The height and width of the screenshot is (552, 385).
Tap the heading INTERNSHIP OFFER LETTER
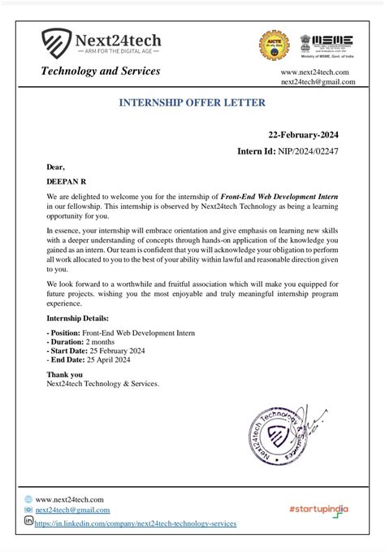point(192,104)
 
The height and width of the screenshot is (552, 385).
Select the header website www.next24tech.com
point(314,72)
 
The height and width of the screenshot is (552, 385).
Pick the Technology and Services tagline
point(101,72)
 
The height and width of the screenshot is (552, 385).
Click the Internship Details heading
point(77,319)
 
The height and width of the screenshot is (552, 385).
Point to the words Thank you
point(64,375)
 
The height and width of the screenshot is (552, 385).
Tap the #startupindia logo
point(318,508)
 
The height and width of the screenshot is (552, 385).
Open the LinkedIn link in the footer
point(136,524)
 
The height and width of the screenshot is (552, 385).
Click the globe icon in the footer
point(28,498)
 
